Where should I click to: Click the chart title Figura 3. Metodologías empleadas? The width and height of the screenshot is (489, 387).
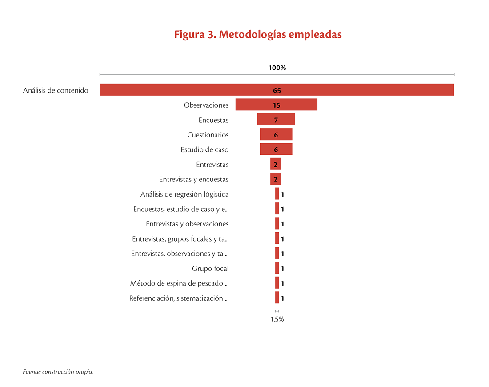(x=258, y=35)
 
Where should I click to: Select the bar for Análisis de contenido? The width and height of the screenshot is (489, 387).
(x=277, y=89)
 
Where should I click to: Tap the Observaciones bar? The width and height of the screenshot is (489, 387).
(x=277, y=105)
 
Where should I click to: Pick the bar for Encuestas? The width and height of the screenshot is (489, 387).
(x=276, y=119)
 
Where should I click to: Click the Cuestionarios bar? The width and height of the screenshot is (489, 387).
(x=276, y=134)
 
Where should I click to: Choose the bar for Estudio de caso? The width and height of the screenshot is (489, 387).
(x=276, y=149)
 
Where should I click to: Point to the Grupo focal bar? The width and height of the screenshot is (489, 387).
(x=277, y=268)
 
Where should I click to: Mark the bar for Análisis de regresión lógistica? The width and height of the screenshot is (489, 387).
(x=277, y=193)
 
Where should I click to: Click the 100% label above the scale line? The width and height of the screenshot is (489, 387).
(x=277, y=68)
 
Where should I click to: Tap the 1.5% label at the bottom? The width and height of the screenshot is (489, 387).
(x=277, y=319)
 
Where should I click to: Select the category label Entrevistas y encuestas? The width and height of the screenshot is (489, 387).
(x=194, y=179)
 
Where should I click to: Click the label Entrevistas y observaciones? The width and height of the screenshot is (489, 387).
(x=187, y=224)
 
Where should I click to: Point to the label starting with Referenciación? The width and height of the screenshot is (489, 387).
(x=179, y=298)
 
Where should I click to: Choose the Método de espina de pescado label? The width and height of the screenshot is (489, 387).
(x=179, y=283)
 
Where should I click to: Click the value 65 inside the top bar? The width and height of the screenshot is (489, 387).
(x=277, y=90)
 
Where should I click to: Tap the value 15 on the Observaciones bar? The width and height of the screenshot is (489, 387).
(x=277, y=105)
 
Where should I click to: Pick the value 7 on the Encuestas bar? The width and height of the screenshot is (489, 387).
(x=276, y=120)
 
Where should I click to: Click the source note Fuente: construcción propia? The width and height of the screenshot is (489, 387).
(x=58, y=372)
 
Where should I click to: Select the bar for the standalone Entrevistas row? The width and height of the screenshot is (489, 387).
(x=275, y=164)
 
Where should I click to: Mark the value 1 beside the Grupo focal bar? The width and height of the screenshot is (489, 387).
(x=283, y=269)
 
